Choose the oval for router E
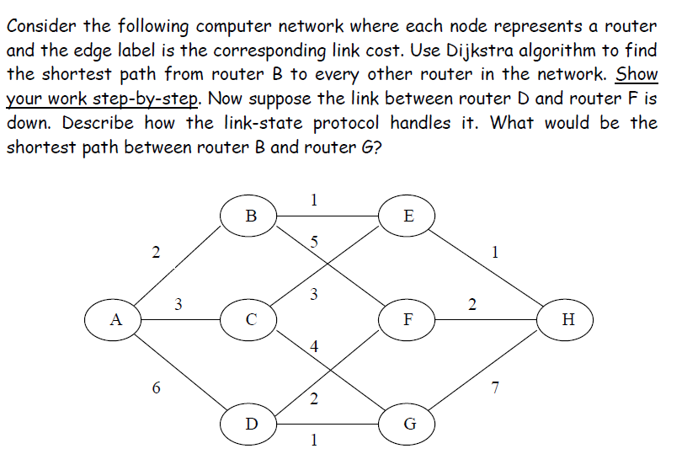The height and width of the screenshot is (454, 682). point(408,215)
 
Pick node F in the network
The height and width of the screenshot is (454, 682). point(408,320)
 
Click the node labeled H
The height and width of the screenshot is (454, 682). point(568,320)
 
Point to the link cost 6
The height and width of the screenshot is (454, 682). point(156,388)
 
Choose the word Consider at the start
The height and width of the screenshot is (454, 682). point(41,26)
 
